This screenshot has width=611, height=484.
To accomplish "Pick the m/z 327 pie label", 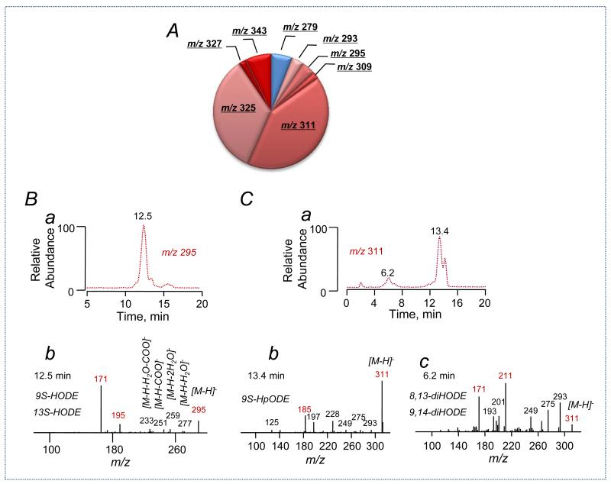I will (x=205, y=45).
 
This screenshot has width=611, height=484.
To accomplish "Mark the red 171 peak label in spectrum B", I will (x=101, y=379).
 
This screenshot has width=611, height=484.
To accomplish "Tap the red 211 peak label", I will (x=506, y=355).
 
